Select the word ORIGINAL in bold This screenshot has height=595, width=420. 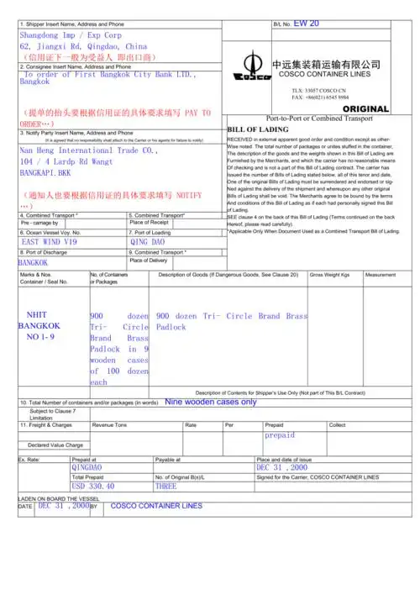click(366, 109)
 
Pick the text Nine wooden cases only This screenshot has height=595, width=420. click(211, 402)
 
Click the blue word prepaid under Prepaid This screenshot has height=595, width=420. click(280, 435)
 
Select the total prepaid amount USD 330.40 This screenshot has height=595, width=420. click(93, 486)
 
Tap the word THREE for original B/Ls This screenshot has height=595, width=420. click(165, 486)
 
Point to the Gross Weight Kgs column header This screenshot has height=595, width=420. click(329, 275)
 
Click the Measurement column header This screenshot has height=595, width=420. click(381, 275)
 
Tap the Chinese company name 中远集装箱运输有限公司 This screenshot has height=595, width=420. click(326, 64)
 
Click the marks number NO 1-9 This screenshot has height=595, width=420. click(39, 336)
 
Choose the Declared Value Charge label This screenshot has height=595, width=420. click(55, 445)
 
